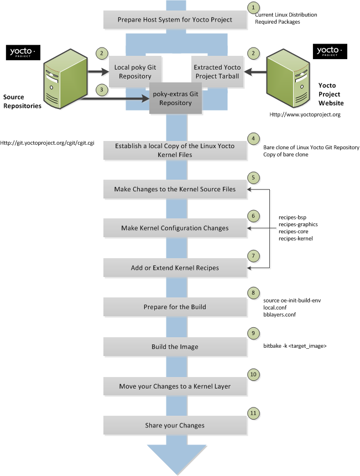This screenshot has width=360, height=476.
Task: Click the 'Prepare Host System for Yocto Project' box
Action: coord(175,20)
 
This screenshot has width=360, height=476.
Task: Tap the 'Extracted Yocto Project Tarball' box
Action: coord(216,71)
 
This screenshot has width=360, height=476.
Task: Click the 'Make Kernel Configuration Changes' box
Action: coord(175,228)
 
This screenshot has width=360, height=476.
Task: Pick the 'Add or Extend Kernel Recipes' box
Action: coord(175,268)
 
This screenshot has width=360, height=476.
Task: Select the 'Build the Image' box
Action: coord(175,347)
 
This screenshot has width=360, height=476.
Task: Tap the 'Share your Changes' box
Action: coord(175,425)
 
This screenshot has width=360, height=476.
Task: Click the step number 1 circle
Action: coord(253,8)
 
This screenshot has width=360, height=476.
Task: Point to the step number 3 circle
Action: coord(101,89)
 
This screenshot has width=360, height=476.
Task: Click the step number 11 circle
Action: coord(253,412)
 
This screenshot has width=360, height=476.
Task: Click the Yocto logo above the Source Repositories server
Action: coord(23,53)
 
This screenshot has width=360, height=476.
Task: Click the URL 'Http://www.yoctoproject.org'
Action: coord(305,114)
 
